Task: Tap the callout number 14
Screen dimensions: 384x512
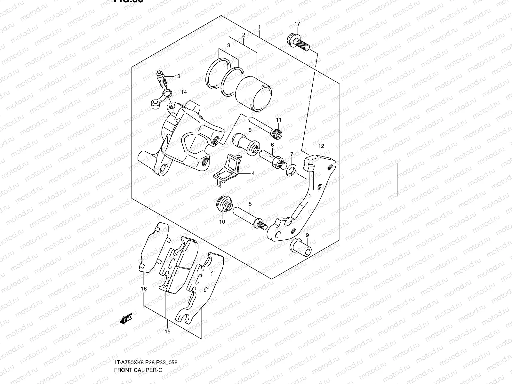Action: pos(184,92)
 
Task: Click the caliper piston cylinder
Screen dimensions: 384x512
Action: pos(254,94)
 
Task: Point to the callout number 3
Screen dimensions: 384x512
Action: pos(228,45)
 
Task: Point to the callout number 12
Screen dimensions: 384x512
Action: pos(321,146)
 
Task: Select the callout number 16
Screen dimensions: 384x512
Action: pos(144,289)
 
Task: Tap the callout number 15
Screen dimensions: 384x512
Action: pos(167,332)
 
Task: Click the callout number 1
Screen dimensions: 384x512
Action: pos(259,27)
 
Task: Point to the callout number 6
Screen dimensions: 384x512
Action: pos(272,145)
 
